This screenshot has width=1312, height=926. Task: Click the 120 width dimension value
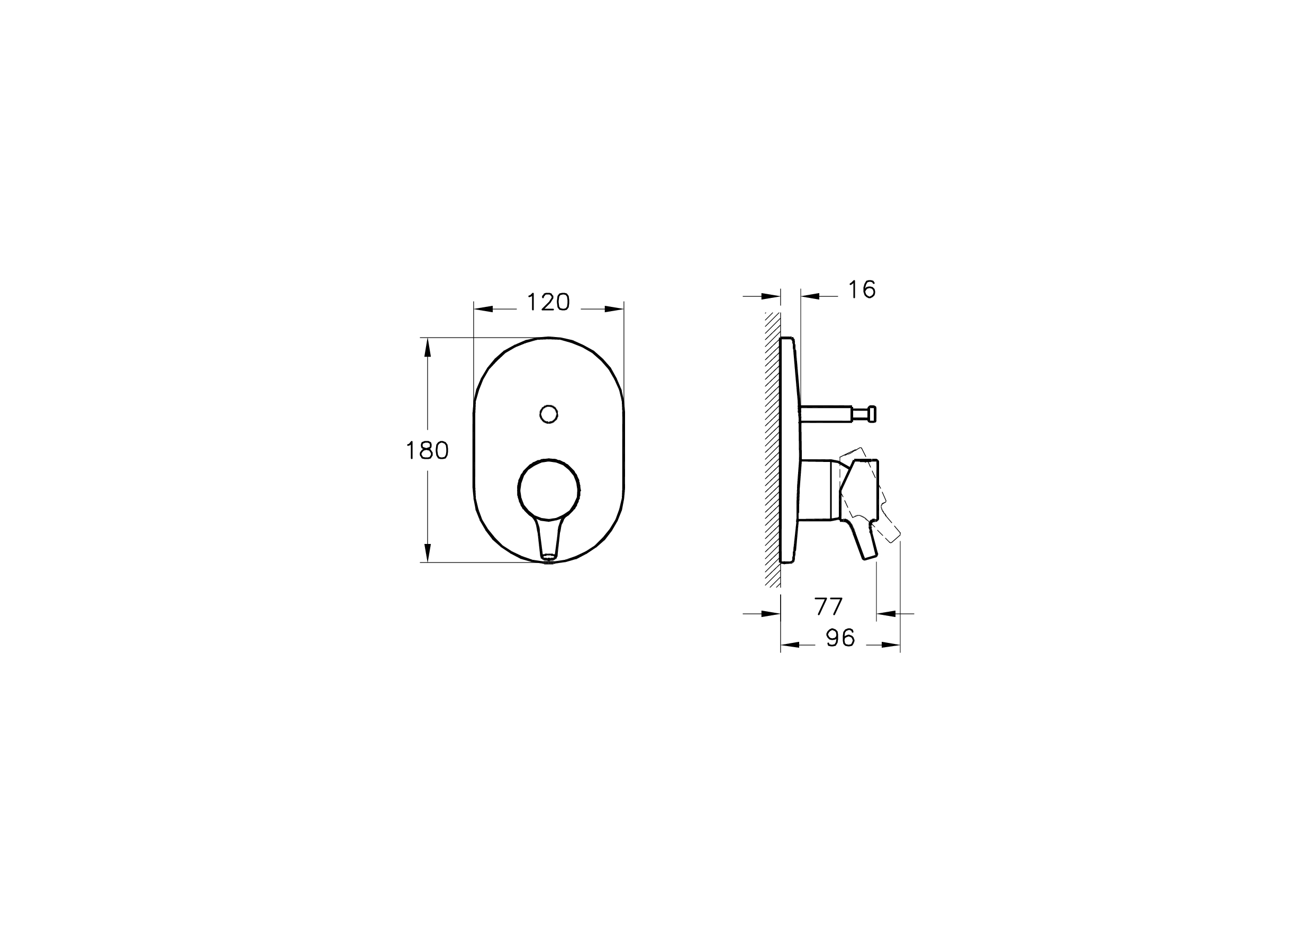point(548,302)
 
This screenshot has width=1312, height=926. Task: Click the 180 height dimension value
point(427,451)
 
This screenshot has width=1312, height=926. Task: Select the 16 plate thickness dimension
point(862,289)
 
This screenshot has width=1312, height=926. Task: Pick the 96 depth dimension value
point(840,638)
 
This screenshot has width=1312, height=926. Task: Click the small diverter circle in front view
point(549,414)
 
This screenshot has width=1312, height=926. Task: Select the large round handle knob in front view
point(549,489)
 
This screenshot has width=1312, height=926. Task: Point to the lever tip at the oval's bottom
point(549,555)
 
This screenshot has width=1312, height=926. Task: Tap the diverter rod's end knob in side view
point(872,414)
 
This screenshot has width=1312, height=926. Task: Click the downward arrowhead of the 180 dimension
point(427,552)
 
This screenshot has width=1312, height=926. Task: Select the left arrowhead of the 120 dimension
point(483,309)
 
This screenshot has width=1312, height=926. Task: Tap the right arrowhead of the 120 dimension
point(614,309)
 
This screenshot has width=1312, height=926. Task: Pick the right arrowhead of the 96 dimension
point(891,645)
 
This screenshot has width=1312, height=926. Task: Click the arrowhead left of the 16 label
point(810,296)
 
